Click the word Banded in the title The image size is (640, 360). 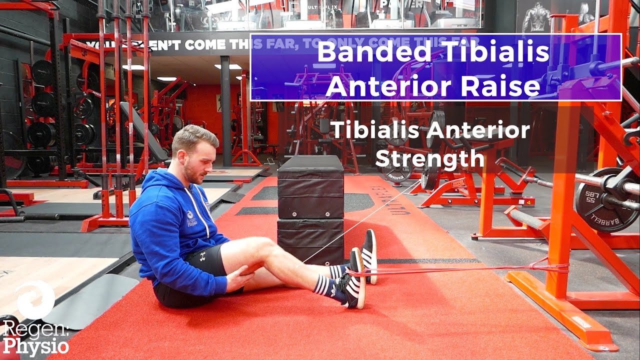click(370, 52)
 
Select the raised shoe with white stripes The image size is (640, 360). click(369, 255)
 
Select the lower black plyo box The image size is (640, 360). click(310, 240)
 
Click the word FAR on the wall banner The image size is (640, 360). click(274, 44)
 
